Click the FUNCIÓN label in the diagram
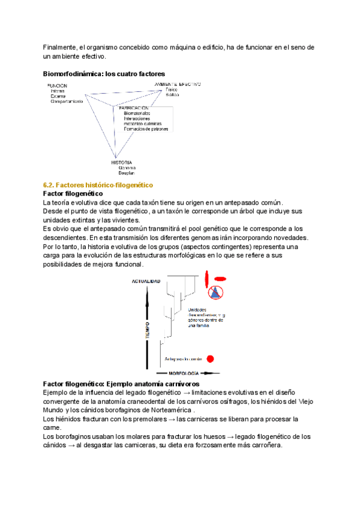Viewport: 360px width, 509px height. (58, 86)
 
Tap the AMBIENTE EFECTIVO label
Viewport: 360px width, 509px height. (177, 84)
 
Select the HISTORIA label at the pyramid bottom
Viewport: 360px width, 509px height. (122, 162)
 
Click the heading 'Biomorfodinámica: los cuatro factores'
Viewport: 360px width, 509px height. (103, 74)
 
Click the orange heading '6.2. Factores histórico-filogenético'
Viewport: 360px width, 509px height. (98, 185)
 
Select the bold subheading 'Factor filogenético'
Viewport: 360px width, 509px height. (73, 194)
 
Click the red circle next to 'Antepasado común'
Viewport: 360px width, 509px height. (210, 359)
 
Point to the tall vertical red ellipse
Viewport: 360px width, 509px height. (206, 279)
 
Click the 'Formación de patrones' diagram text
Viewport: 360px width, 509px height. (146, 129)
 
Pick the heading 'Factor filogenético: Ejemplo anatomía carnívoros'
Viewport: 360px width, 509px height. (121, 383)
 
